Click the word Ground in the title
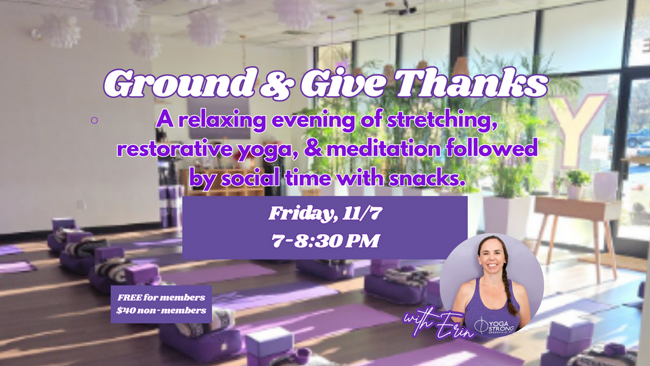click(x=179, y=83)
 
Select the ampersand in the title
click(x=276, y=84)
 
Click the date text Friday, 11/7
click(x=326, y=213)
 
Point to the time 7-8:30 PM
click(x=326, y=241)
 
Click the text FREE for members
click(x=161, y=298)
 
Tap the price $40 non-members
click(x=161, y=310)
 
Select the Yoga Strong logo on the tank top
click(x=496, y=325)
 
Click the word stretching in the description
click(x=442, y=121)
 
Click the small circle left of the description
click(x=94, y=121)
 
